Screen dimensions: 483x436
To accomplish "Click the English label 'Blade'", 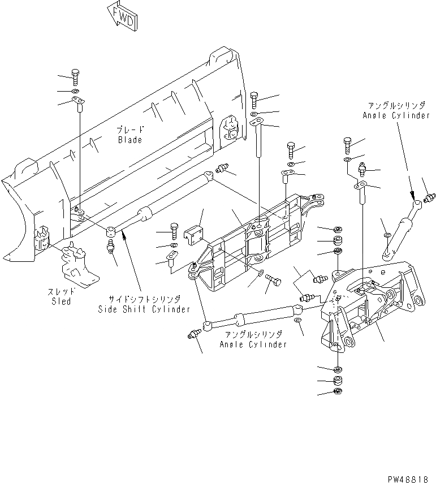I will point(130,140).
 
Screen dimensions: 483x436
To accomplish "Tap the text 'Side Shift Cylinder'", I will point(144,309).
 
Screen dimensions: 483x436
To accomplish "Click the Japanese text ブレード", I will point(129,130).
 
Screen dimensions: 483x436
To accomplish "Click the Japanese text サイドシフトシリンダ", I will point(144,300).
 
